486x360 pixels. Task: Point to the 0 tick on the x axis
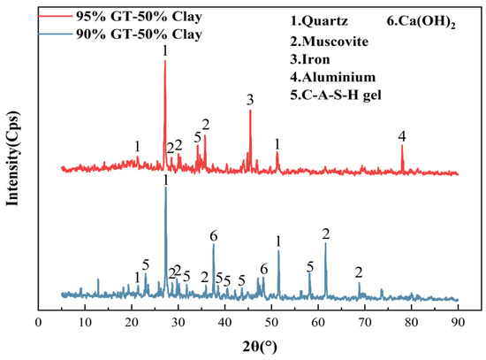[38, 324]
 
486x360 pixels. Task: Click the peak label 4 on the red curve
[402, 135]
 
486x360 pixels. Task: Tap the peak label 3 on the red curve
[250, 98]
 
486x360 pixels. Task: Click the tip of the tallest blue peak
[165, 188]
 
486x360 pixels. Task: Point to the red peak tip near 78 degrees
[402, 146]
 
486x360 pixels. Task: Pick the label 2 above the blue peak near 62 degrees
[326, 233]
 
